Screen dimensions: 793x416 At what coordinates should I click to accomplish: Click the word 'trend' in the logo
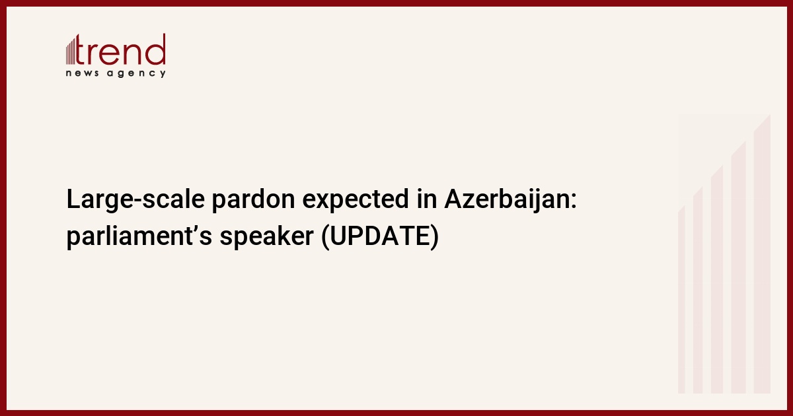(120, 50)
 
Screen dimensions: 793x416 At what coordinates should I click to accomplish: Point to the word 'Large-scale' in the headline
(135, 199)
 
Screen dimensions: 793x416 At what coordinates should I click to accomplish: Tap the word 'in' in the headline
(427, 199)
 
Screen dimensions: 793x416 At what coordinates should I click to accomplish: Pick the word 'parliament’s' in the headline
(139, 236)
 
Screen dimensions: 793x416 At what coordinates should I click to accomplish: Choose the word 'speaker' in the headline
(266, 236)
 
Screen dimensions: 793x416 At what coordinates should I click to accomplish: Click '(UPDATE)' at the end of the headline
(380, 236)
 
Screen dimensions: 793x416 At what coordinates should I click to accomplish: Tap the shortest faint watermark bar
(681, 300)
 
